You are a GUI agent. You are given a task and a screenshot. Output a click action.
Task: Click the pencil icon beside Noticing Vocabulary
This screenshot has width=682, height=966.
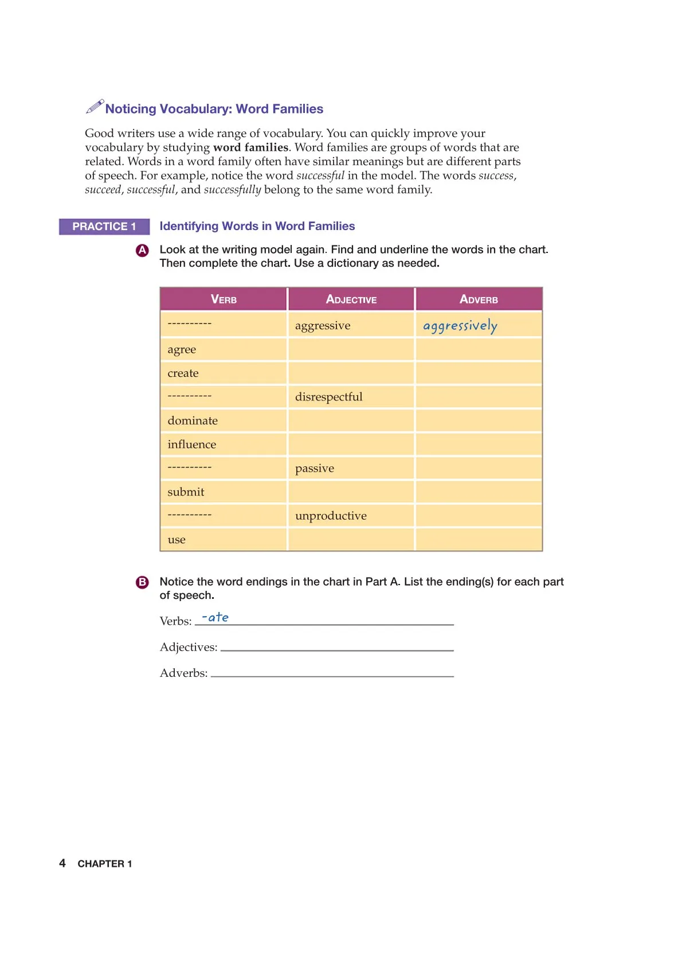[95, 106]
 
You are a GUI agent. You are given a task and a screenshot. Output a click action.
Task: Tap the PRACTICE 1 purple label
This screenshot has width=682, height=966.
[104, 227]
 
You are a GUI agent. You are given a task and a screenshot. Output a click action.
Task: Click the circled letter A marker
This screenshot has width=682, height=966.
[142, 250]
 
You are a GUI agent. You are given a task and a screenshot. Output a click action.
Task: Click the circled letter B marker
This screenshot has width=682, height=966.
[142, 582]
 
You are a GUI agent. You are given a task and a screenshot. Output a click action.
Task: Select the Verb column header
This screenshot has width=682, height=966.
[224, 299]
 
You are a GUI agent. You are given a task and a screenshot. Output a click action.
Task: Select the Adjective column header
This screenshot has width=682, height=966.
[351, 299]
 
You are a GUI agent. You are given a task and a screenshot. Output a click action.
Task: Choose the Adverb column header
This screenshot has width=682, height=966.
[479, 299]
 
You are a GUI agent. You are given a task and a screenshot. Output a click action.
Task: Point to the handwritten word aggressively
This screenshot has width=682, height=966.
[460, 326]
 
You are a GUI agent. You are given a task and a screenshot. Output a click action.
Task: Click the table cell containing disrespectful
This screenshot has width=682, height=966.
[329, 397]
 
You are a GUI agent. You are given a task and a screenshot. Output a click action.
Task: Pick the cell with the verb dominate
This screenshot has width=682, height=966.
[193, 420]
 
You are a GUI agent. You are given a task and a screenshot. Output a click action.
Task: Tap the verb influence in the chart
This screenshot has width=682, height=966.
[192, 445]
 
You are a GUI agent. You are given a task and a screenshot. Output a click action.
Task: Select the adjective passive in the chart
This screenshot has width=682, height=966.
[315, 468]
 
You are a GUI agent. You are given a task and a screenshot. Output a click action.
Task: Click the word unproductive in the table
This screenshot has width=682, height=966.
[331, 516]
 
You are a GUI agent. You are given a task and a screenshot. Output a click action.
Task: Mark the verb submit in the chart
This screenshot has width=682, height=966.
[186, 492]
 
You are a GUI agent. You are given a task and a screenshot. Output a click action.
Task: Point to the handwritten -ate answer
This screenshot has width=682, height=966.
[215, 617]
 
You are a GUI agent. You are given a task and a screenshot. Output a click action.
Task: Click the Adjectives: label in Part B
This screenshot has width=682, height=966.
[189, 647]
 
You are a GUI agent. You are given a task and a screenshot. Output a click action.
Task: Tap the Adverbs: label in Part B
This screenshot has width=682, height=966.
[183, 673]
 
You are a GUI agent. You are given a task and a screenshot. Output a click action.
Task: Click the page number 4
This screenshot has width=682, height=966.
[62, 863]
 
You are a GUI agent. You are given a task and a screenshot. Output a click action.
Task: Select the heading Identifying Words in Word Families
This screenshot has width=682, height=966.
[257, 226]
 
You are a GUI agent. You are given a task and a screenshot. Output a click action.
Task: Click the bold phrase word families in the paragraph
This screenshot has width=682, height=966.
[250, 147]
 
